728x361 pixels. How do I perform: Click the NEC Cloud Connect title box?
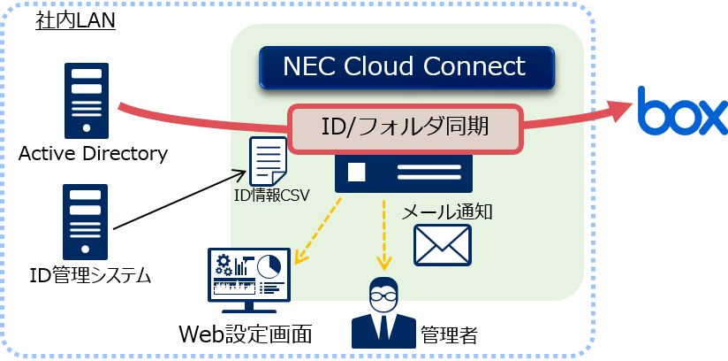click(x=406, y=67)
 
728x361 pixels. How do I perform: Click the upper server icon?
click(x=87, y=101)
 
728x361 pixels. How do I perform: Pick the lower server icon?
click(x=85, y=221)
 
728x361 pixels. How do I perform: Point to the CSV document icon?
click(x=268, y=161)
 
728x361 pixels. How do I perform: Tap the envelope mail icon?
click(x=443, y=245)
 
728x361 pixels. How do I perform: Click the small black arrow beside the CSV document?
click(x=238, y=175)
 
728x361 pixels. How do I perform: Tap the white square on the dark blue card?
click(x=357, y=172)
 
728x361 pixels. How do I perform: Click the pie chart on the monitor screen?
click(x=269, y=265)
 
